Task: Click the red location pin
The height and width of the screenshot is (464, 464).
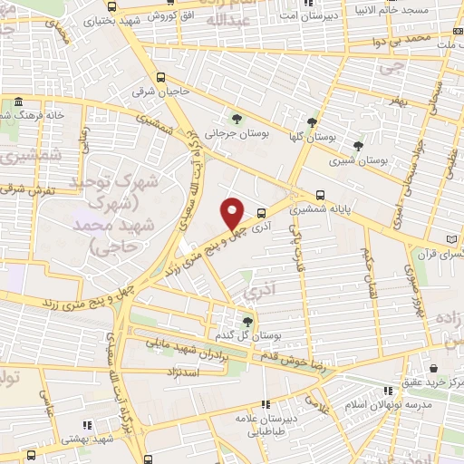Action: [x=233, y=212]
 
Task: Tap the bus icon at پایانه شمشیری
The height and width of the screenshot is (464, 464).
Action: [x=319, y=194]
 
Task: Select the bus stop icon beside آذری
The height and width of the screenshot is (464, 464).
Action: [x=262, y=214]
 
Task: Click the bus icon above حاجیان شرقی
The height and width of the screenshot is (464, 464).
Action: [x=160, y=77]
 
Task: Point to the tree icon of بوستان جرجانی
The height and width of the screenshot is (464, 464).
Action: [x=237, y=119]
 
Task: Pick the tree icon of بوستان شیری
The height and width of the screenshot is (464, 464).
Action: [x=358, y=145]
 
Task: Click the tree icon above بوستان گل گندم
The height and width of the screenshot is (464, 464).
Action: [x=248, y=321]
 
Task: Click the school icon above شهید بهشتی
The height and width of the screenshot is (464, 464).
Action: [x=87, y=424]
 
